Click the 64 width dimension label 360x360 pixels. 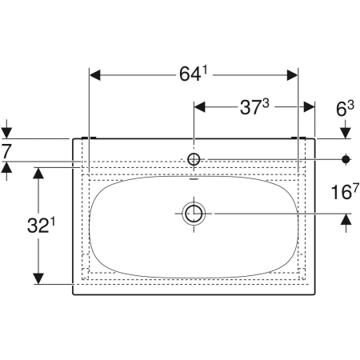[x=194, y=74]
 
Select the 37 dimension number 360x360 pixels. [x=254, y=107]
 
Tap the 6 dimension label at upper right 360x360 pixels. [x=345, y=109]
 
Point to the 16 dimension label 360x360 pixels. [x=345, y=191]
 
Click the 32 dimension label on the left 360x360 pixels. [x=42, y=226]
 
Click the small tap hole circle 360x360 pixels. [x=194, y=159]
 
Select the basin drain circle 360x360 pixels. [x=194, y=214]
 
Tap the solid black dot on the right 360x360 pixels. [x=346, y=159]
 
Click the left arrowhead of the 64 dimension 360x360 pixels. [x=95, y=75]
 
